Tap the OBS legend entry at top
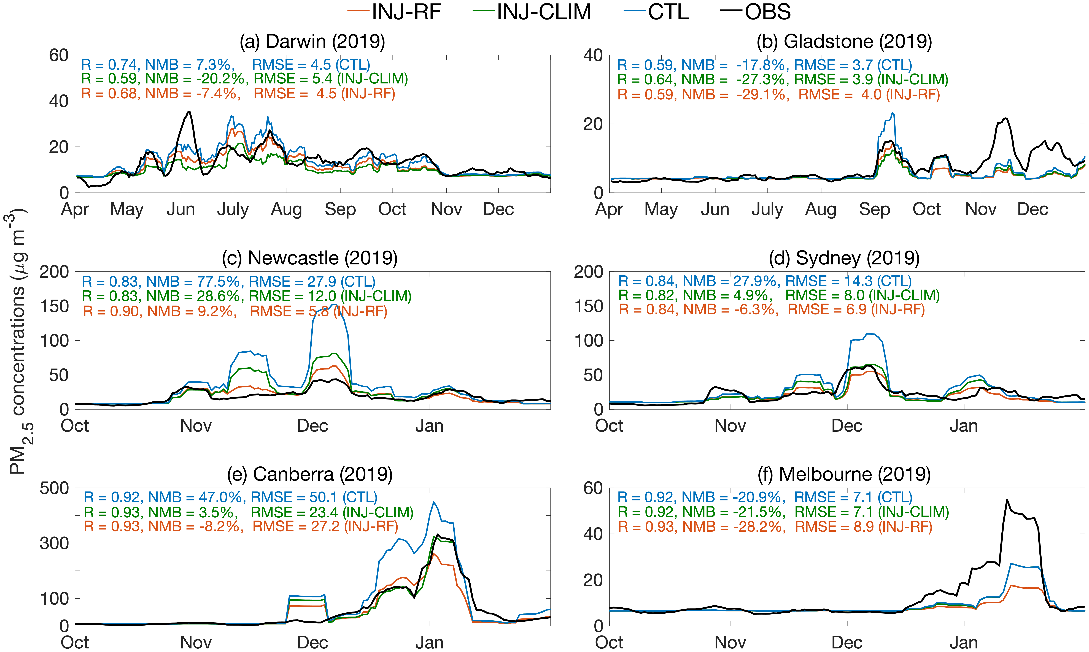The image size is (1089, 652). (756, 12)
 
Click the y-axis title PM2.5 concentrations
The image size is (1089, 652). (18, 343)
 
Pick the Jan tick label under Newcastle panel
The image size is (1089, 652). (429, 426)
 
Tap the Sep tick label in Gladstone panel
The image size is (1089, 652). (875, 210)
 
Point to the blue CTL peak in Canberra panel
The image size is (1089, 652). (434, 502)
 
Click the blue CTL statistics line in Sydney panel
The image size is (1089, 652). (765, 281)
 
